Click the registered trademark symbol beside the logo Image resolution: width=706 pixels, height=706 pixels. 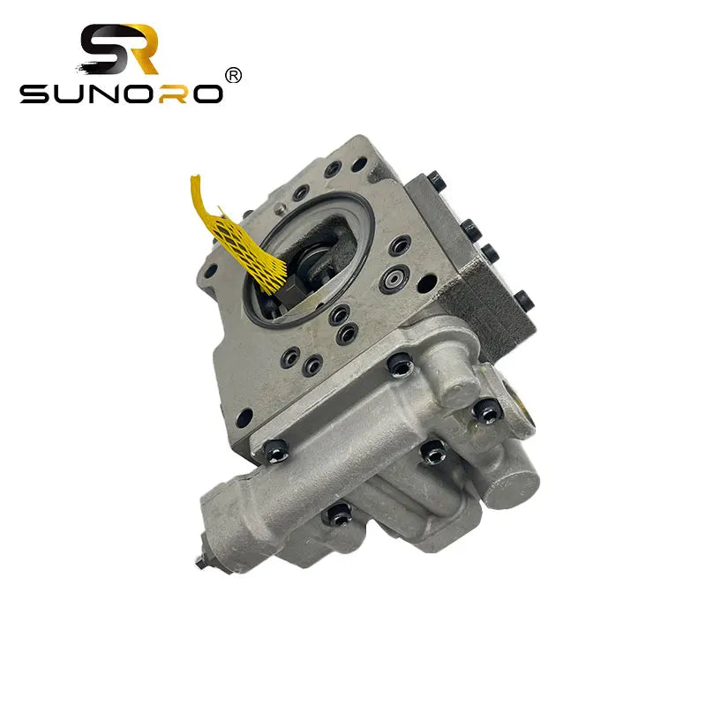coord(234,76)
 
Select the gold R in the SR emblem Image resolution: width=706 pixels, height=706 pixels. coord(141,49)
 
